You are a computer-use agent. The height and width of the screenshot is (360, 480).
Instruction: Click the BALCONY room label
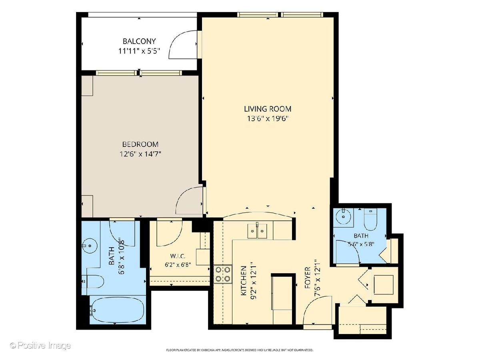pos(139,41)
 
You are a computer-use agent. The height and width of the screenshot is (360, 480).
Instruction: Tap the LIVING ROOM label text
pos(268,109)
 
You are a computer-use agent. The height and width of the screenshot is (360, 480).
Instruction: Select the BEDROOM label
pos(140,144)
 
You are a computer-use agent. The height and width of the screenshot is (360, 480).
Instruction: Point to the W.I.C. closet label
pos(178,256)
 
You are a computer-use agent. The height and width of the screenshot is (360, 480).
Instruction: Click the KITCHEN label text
pos(244,281)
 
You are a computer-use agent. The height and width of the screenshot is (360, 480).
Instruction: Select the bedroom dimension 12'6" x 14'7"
pos(140,154)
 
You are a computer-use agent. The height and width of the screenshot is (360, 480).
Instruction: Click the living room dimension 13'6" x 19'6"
pos(268,119)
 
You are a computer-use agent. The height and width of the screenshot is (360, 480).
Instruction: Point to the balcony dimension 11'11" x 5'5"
pos(139,51)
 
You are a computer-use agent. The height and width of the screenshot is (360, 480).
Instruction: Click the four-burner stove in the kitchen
pos(223,274)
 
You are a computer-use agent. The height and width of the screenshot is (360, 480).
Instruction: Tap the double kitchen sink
pos(257,231)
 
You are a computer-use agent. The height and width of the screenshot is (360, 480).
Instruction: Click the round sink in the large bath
pos(90,246)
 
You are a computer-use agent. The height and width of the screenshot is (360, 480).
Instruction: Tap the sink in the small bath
pos(343,216)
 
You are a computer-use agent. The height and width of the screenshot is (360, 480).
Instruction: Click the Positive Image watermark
pos(40,346)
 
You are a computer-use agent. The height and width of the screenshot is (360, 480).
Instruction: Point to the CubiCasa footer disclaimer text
pos(240,350)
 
